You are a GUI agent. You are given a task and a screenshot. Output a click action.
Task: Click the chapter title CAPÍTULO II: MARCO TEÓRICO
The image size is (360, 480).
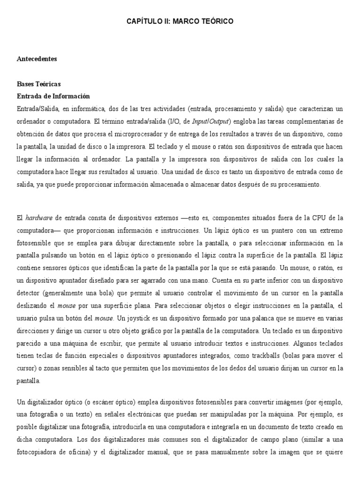point(180,22)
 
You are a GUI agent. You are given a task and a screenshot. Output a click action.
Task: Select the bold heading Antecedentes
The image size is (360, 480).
point(37,59)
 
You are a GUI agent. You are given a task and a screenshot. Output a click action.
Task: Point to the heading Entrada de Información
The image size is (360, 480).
point(53,96)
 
